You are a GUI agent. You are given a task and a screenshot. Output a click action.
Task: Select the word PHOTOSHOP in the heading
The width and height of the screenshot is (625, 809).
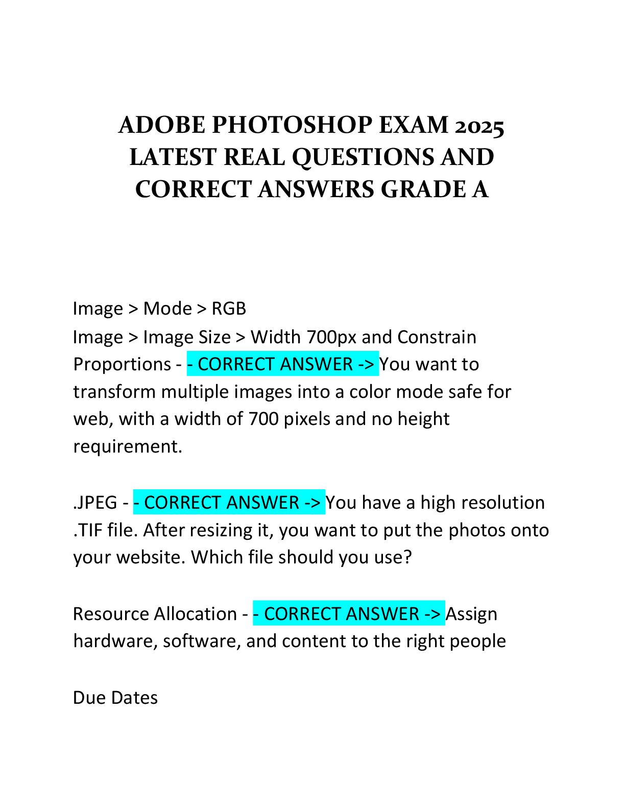292,125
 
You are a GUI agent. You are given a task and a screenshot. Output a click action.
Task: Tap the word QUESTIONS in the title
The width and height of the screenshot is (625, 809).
363,158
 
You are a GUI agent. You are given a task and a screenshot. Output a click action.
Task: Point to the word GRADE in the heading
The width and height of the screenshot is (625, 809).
423,189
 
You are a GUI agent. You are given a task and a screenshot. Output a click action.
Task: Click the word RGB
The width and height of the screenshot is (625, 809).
229,308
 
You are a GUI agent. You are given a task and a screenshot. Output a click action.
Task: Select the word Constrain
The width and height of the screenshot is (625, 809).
437,337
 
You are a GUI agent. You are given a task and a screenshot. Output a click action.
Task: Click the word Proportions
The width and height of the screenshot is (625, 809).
122,365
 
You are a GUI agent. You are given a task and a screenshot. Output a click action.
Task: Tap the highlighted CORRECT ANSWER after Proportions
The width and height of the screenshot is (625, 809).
282,364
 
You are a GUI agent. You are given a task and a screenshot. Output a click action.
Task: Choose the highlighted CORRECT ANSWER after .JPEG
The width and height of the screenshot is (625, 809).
229,503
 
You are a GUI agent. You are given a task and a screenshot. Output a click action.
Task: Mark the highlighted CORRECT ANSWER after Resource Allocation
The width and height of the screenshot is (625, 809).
349,613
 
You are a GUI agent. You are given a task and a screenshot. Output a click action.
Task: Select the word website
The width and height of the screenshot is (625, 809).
151,558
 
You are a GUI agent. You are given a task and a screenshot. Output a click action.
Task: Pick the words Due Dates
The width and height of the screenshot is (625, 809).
115,698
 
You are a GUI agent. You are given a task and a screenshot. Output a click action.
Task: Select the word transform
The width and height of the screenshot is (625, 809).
114,392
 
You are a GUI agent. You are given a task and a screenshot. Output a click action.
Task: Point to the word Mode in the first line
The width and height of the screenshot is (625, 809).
167,308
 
